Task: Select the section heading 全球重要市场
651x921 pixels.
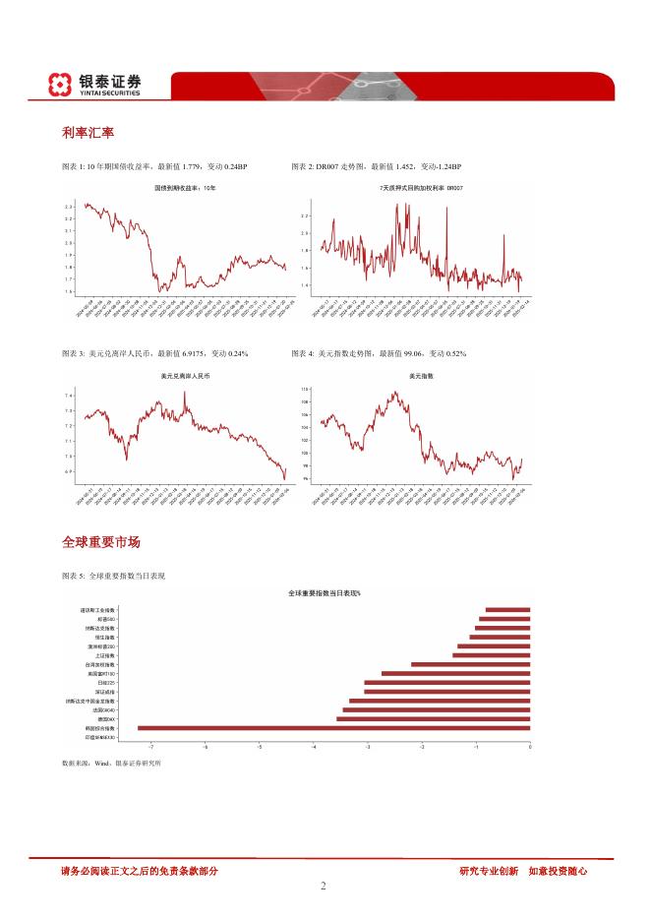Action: pyautogui.click(x=100, y=542)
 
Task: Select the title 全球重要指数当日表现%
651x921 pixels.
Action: pyautogui.click(x=325, y=593)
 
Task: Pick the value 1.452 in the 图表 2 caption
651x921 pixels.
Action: pyautogui.click(x=405, y=167)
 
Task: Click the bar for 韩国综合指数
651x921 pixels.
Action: pyautogui.click(x=333, y=728)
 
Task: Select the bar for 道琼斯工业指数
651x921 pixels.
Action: pyautogui.click(x=507, y=610)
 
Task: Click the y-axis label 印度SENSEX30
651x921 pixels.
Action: pyautogui.click(x=100, y=737)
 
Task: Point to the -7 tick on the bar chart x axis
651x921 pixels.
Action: pyautogui.click(x=150, y=748)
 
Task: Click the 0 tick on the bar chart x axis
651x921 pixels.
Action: pyautogui.click(x=529, y=748)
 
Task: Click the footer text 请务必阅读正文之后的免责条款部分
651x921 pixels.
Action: pyautogui.click(x=139, y=870)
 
